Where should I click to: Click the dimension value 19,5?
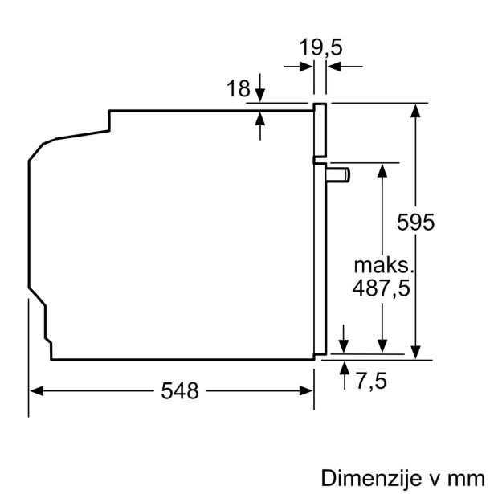pyautogui.click(x=320, y=47)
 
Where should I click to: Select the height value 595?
pyautogui.click(x=416, y=223)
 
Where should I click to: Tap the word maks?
pyautogui.click(x=382, y=265)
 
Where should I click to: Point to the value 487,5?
pyautogui.click(x=382, y=288)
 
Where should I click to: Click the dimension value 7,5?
pyautogui.click(x=370, y=381)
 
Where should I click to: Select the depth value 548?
pyautogui.click(x=179, y=391)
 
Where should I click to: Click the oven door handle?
pyautogui.click(x=338, y=174)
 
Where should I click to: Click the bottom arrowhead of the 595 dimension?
pyautogui.click(x=416, y=352)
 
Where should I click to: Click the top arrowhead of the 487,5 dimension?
pyautogui.click(x=384, y=168)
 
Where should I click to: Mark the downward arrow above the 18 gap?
pyautogui.click(x=261, y=95)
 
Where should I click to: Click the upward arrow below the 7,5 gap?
pyautogui.click(x=345, y=369)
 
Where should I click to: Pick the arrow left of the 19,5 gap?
pyautogui.click(x=305, y=67)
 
